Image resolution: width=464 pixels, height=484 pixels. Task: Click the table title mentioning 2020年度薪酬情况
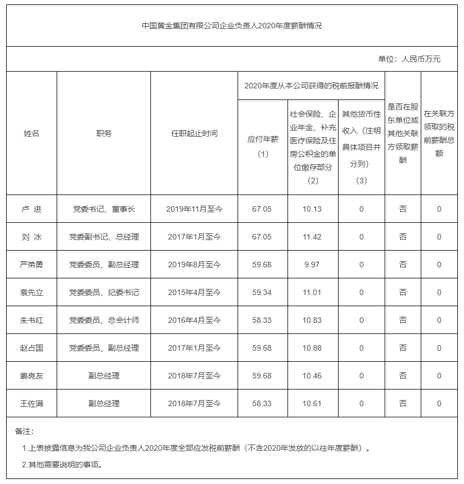(x=232, y=26)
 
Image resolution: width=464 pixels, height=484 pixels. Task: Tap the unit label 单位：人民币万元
(x=409, y=59)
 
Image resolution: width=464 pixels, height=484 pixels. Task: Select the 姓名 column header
(x=32, y=133)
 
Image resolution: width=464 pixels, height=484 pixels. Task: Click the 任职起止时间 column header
(x=194, y=133)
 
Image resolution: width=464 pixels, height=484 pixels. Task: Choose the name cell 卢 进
(x=32, y=209)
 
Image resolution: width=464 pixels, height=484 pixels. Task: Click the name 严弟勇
(x=32, y=265)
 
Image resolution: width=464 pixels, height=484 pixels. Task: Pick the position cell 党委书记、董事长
(x=104, y=209)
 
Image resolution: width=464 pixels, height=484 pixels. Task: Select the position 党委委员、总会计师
(x=104, y=320)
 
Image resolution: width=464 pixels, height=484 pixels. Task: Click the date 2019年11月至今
(x=194, y=209)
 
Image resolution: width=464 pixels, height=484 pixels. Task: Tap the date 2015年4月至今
(x=194, y=292)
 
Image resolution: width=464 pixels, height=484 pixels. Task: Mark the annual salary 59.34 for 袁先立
(x=263, y=292)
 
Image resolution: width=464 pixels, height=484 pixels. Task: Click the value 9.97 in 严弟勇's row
(x=312, y=265)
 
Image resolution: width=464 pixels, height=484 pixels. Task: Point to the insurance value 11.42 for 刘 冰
(x=312, y=237)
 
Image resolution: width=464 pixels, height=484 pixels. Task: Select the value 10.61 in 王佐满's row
(x=312, y=403)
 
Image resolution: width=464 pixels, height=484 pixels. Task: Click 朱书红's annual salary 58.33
(x=263, y=320)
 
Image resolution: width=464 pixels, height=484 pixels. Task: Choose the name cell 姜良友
(x=32, y=376)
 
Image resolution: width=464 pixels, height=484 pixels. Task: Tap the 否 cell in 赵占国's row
(x=403, y=348)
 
